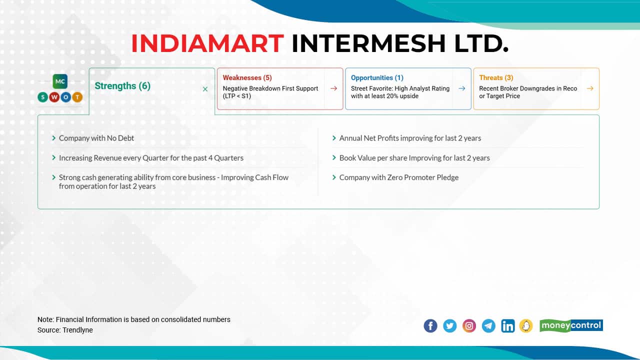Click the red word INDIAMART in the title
(207, 43)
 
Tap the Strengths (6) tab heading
(122, 86)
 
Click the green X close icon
(205, 89)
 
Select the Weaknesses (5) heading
(247, 77)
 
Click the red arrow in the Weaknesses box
(333, 88)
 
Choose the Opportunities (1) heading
(377, 77)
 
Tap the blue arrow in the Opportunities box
(461, 88)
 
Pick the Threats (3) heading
(496, 77)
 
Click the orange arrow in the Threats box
(590, 88)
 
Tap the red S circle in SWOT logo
(43, 97)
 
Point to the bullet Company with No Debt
(96, 138)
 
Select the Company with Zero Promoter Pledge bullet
(398, 177)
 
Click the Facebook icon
(430, 326)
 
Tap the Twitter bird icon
(450, 326)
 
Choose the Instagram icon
(469, 326)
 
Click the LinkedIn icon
(507, 326)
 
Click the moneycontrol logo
(571, 326)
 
